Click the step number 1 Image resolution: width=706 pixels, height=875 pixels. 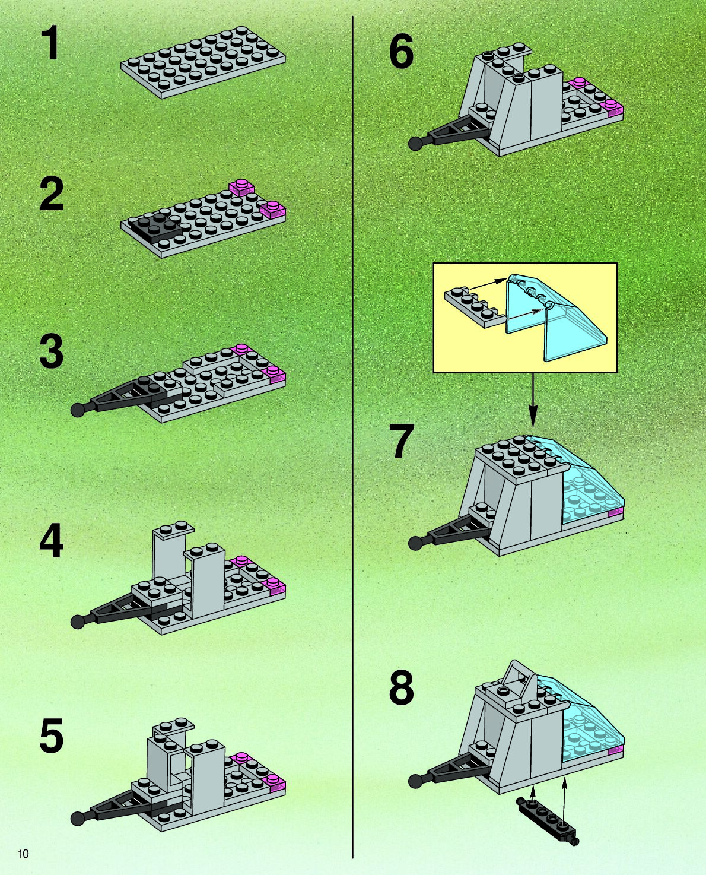click(x=51, y=45)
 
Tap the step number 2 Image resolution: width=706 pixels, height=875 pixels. click(x=51, y=195)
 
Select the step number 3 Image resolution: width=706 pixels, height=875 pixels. click(x=51, y=352)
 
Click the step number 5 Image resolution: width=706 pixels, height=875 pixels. click(x=51, y=736)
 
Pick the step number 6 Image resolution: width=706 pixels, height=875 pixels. click(x=401, y=52)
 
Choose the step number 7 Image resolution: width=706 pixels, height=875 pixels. click(x=401, y=442)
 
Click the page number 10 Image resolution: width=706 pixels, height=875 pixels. click(x=23, y=854)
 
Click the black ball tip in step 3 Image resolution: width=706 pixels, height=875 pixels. click(x=78, y=410)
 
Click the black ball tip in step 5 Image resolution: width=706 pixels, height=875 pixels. click(x=78, y=819)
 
